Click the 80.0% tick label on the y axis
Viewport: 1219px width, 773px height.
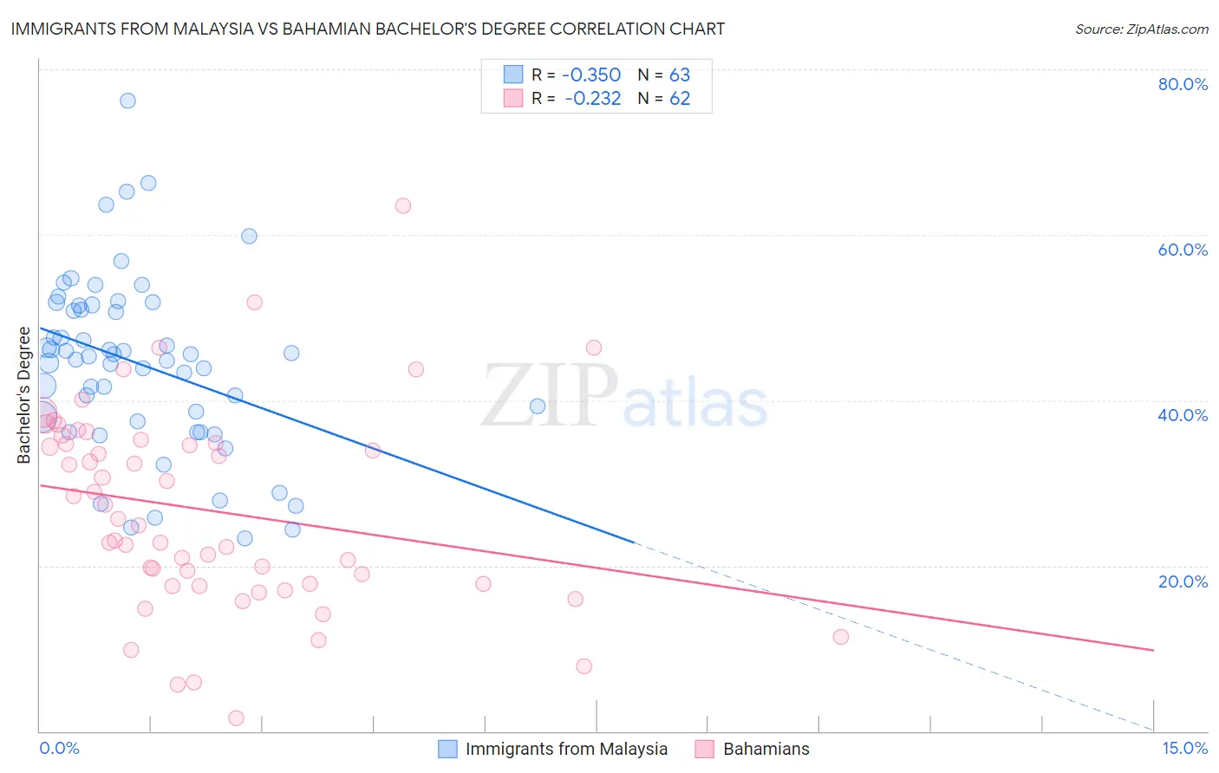pos(1183,84)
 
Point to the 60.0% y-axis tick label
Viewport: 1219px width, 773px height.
pos(1183,250)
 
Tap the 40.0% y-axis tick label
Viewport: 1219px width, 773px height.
pos(1183,415)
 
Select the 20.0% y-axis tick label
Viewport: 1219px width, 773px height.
pos(1183,581)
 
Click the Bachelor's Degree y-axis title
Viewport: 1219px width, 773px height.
pos(24,395)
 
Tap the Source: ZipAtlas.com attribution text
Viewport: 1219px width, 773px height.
pos(1141,29)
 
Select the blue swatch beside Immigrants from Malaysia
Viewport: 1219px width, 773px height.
pos(447,750)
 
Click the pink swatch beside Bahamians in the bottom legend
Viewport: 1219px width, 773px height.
pos(704,750)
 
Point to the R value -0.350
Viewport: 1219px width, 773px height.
pos(592,75)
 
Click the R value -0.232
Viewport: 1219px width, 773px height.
pos(592,99)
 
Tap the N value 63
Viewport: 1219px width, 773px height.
pos(680,75)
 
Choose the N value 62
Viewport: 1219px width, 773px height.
pos(680,99)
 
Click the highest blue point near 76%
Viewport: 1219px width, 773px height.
pos(127,101)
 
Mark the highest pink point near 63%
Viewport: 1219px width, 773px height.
pos(402,206)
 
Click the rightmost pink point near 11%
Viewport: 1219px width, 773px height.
pos(840,637)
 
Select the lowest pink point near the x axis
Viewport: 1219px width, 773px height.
pos(236,718)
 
